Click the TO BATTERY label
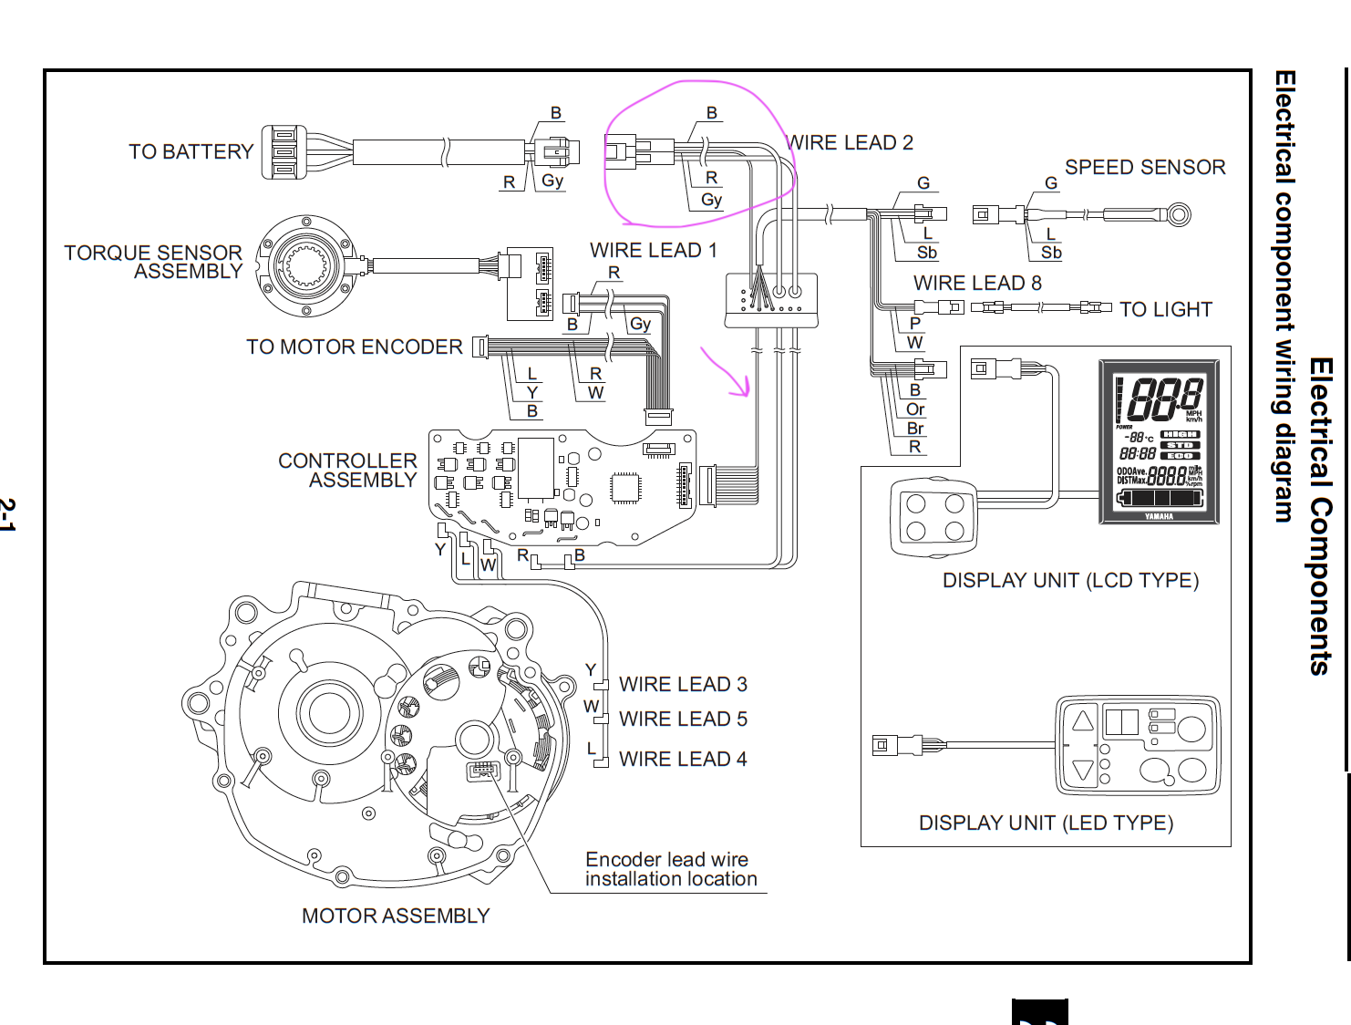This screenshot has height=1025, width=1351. click(x=191, y=151)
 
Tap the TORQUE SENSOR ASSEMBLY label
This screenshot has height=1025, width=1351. click(x=153, y=262)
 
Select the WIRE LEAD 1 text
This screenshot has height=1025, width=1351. click(x=653, y=250)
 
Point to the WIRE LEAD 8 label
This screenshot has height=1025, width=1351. click(x=977, y=283)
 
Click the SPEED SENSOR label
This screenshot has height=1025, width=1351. click(x=1145, y=167)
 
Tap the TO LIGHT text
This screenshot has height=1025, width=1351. click(x=1165, y=310)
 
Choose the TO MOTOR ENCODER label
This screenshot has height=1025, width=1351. click(x=354, y=347)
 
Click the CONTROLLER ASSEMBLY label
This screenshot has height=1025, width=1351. click(x=347, y=471)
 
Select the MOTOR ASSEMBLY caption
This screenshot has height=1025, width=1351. click(x=396, y=916)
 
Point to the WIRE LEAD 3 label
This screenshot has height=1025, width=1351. click(x=683, y=684)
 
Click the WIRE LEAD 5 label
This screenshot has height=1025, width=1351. click(x=683, y=720)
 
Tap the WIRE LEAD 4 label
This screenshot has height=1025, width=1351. click(x=683, y=759)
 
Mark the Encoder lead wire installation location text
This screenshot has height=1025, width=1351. click(x=671, y=869)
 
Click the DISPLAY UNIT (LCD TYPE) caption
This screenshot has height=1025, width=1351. click(x=1070, y=581)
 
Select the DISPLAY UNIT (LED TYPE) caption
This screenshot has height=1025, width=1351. click(x=1046, y=823)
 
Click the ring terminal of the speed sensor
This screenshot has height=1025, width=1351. click(x=1179, y=215)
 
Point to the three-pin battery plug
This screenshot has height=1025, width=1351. click(x=284, y=152)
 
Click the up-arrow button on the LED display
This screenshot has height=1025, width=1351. click(x=1082, y=721)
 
